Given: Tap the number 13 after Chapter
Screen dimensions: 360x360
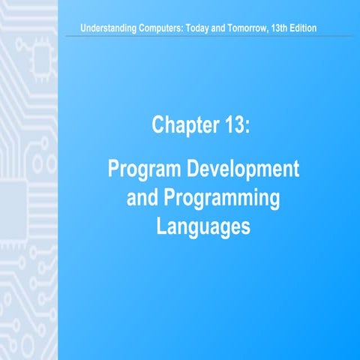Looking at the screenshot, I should (x=232, y=125).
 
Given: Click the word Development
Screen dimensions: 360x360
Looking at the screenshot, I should (x=244, y=169).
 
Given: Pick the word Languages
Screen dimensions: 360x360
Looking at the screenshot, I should (x=202, y=226).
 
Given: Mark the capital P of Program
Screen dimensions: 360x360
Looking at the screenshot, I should (x=115, y=169).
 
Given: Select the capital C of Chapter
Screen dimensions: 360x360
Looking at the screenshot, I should (x=157, y=125).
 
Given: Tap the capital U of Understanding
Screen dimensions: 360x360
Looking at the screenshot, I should (x=91, y=29).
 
